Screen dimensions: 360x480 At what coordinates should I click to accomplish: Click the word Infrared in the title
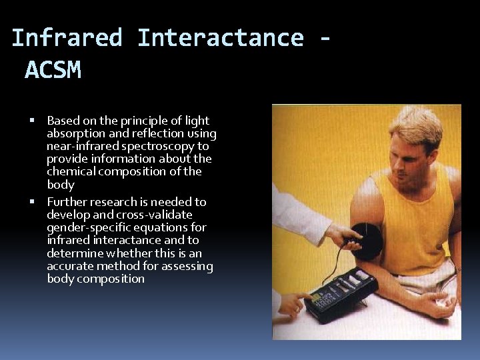pos(67,38)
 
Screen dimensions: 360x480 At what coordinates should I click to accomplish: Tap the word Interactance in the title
pos(220,38)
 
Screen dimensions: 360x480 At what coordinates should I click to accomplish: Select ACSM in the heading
pos(53,70)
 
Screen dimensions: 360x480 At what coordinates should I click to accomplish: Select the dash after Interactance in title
pos(325,38)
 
